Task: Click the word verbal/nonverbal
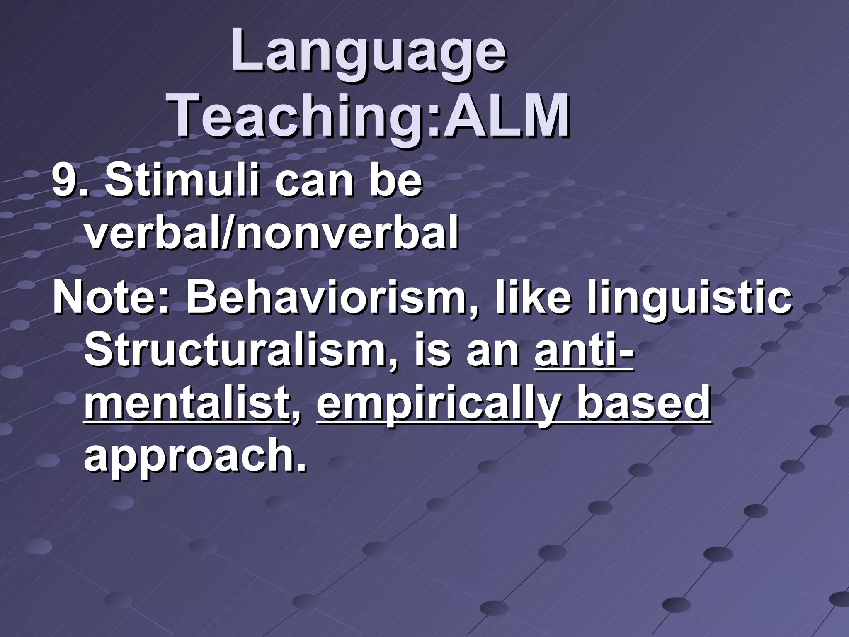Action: pos(272,235)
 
